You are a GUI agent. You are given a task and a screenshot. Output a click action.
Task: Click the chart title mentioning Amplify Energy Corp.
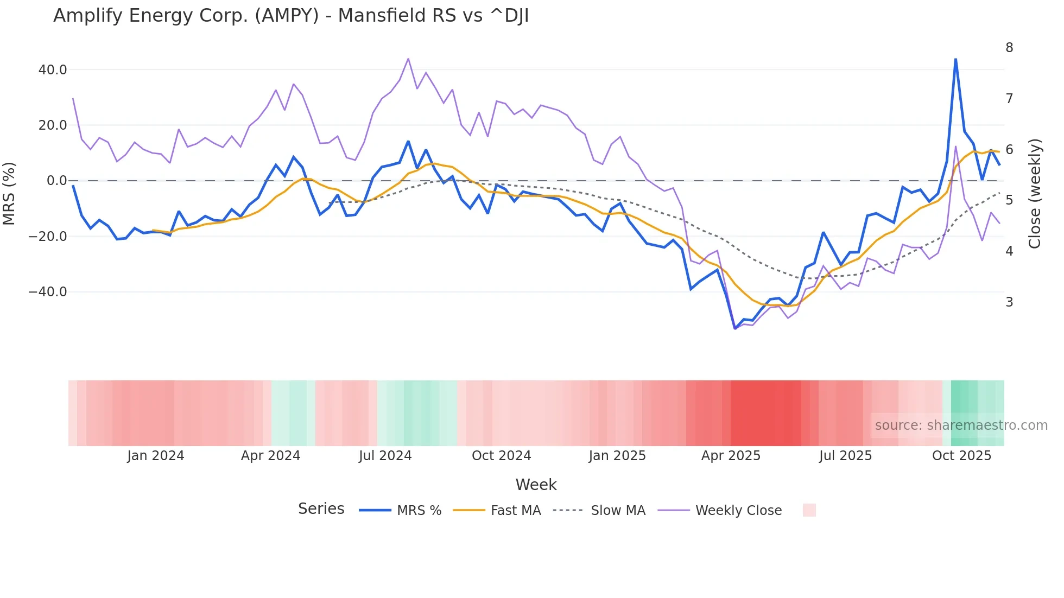pos(291,16)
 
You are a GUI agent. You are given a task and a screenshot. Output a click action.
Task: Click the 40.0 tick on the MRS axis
pos(53,70)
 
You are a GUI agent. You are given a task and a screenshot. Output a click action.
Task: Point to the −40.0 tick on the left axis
pos(48,292)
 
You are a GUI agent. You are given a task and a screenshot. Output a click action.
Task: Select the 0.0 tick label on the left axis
pos(57,181)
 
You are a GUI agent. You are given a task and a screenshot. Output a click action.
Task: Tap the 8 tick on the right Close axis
pos(1009,48)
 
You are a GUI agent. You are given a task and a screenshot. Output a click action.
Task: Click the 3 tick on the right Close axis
pos(1009,302)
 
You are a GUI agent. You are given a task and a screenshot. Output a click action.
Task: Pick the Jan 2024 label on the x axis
pos(156,456)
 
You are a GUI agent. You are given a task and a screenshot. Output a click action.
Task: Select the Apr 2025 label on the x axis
pos(731,456)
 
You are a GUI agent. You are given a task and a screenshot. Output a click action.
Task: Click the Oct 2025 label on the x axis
pos(961,456)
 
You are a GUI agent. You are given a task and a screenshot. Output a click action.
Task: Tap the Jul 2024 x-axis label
pos(385,456)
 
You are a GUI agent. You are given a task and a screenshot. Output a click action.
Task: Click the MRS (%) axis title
pos(9,193)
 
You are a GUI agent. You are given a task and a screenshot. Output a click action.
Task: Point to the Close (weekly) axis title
pos(1035,193)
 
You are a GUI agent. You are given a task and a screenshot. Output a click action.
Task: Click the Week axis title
pos(536,485)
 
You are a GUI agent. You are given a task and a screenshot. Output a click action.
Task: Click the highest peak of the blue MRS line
pos(955,59)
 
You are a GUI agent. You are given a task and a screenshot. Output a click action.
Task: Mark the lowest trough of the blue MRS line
pos(735,328)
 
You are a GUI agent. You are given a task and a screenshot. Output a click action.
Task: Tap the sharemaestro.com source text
pos(961,425)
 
